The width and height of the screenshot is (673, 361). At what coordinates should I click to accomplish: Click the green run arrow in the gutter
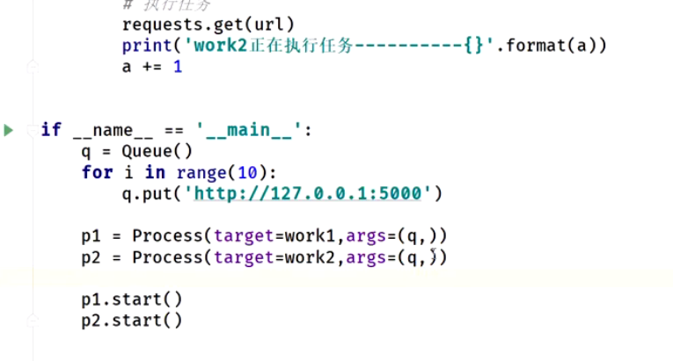tap(9, 130)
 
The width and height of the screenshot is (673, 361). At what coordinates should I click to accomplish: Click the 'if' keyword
tap(51, 130)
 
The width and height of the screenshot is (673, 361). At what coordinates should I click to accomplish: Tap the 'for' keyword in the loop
tap(96, 171)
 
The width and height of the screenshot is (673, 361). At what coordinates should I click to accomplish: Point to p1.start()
tap(132, 300)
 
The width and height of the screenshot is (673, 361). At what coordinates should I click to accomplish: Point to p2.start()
tap(132, 321)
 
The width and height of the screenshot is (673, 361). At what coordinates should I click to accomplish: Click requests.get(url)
tap(208, 24)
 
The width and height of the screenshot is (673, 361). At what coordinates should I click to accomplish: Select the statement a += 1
tap(152, 66)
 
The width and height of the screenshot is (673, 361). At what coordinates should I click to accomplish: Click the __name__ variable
tap(113, 130)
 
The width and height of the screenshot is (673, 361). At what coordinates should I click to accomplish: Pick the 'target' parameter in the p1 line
tap(238, 235)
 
